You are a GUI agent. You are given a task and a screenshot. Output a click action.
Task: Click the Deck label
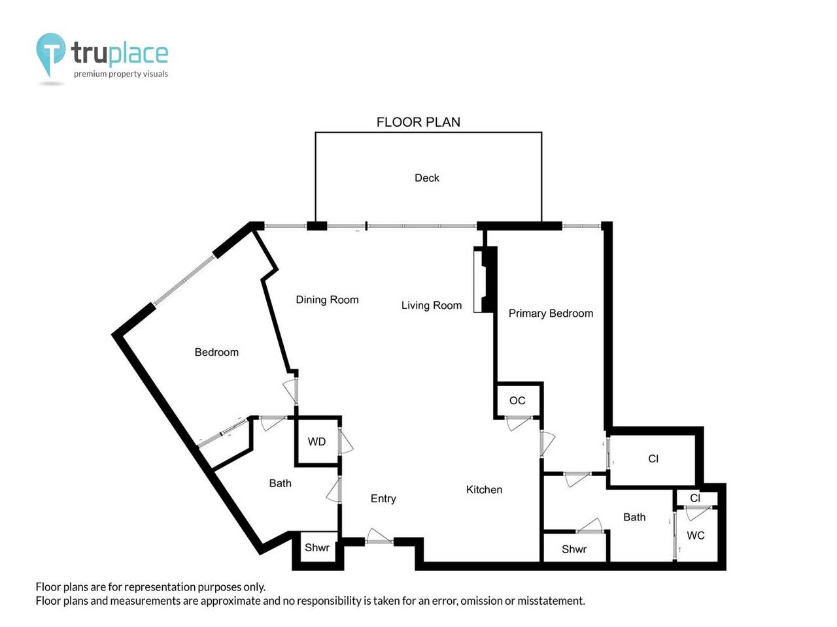coord(427,178)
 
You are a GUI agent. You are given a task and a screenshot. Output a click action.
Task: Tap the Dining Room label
coord(327,300)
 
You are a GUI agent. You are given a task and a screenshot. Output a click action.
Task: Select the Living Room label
coord(432,305)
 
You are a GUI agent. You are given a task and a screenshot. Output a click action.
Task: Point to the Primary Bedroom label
coord(551,313)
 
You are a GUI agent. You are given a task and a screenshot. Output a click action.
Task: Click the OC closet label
coord(517,400)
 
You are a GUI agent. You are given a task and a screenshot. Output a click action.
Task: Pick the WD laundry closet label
coord(316,442)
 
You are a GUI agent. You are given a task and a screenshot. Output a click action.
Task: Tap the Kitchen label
coord(484,490)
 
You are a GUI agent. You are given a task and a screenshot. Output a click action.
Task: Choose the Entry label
coord(383,499)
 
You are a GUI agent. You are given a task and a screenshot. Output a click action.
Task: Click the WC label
coord(696,536)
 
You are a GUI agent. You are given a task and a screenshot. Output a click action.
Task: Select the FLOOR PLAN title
coord(418,122)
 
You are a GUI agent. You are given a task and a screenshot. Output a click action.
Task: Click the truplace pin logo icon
coord(50,54)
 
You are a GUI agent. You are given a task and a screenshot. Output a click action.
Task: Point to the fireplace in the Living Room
coord(485,280)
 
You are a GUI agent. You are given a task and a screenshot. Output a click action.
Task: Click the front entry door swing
coord(379,536)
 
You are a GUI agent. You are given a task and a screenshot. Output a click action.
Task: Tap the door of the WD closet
coord(345,441)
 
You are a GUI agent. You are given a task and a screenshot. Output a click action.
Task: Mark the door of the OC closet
coord(518,423)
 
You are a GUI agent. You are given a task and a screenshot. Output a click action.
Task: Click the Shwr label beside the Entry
coord(317,547)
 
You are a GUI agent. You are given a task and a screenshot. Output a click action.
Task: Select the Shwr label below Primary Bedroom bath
coord(574,549)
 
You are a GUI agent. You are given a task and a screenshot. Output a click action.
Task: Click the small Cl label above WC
coord(694,498)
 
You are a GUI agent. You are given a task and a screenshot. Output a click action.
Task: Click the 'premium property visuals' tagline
coord(121,74)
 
